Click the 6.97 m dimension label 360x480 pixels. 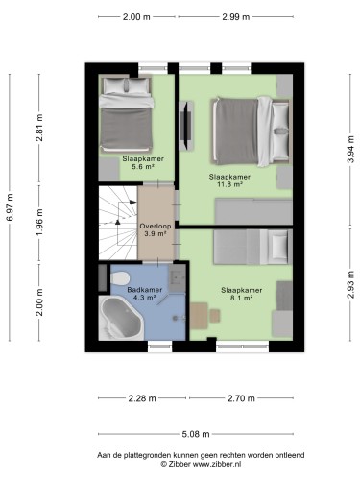tap(11, 207)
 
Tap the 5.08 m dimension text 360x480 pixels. tap(196, 434)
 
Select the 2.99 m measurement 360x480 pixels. tap(236, 17)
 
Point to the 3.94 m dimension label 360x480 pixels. tap(351, 149)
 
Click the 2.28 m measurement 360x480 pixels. tap(142, 398)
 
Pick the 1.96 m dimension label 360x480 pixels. tap(39, 223)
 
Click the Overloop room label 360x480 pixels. tap(156, 226)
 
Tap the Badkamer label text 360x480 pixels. tap(145, 290)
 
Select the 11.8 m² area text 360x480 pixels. tap(229, 184)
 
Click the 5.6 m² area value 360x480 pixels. tap(143, 166)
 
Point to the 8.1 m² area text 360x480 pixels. tap(242, 298)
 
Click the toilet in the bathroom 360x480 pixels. tap(119, 277)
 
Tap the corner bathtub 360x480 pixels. tap(121, 318)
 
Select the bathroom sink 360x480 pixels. tap(178, 277)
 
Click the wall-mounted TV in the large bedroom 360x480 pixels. tap(185, 126)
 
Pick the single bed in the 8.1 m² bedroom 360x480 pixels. tap(252, 247)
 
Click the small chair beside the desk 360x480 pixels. tap(215, 316)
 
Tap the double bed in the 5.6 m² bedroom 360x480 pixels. tap(126, 113)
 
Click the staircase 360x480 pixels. tap(118, 223)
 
